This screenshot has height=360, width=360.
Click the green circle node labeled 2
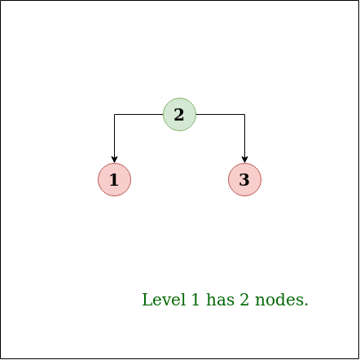(x=179, y=114)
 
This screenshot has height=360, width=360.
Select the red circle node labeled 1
(x=114, y=179)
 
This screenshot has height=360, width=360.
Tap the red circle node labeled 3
(x=244, y=179)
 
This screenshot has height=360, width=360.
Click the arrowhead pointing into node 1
(x=114, y=160)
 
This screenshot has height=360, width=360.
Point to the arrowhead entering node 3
(x=244, y=160)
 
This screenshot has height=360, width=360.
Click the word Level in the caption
(x=164, y=300)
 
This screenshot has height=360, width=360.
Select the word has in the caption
(x=220, y=300)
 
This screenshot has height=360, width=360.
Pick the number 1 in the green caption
(x=195, y=300)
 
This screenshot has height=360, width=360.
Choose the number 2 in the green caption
(x=244, y=300)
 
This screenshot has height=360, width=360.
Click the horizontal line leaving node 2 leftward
(x=138, y=114)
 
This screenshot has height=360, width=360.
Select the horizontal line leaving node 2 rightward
(x=220, y=114)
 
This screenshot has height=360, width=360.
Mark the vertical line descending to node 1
(x=114, y=136)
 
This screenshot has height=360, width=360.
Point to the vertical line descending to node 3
(x=244, y=136)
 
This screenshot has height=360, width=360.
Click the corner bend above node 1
(x=114, y=114)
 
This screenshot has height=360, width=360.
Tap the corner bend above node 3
(x=244, y=114)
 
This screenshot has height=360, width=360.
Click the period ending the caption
(x=306, y=305)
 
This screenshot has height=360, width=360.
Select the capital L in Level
(x=147, y=300)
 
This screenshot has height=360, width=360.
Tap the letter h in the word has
(x=211, y=300)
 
